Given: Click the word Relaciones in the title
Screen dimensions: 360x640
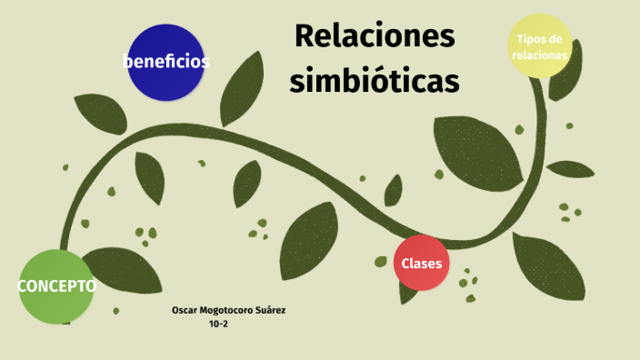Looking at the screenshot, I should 375,38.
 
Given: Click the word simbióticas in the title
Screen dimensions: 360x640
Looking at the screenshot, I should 375,80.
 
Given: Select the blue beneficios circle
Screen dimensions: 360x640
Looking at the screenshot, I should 165,62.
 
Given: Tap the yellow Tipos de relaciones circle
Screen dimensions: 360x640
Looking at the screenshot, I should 540,47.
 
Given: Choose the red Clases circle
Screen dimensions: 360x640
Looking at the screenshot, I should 422,264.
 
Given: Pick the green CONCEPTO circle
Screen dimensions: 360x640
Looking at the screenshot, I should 56,287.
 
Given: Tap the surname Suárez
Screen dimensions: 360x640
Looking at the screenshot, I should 271,311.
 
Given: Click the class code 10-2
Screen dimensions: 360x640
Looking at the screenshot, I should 218,324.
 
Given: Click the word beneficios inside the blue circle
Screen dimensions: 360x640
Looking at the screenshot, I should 166,62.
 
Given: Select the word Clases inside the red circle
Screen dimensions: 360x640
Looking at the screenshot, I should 422,265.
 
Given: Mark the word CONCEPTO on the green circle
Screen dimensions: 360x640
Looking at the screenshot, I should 56,286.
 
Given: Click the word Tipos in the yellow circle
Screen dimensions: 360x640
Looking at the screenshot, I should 531,39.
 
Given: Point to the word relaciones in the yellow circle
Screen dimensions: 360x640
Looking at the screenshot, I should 540,55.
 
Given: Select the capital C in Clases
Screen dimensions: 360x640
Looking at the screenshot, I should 405,265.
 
